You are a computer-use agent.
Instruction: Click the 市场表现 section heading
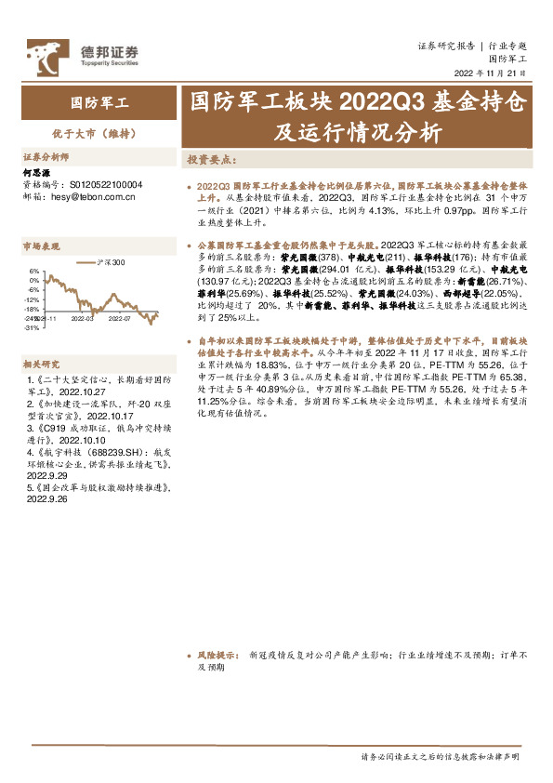(41, 246)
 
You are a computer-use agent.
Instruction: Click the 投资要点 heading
(211, 160)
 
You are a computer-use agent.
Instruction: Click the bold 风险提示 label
(217, 655)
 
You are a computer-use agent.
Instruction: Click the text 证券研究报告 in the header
(447, 45)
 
